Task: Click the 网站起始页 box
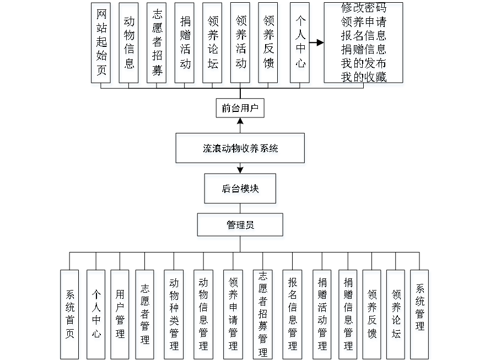pyautogui.click(x=103, y=45)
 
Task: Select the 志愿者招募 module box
pyautogui.click(x=158, y=45)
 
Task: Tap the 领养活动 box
pyautogui.click(x=241, y=45)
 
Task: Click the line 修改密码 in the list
pyautogui.click(x=364, y=9)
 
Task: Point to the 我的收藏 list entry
pyautogui.click(x=364, y=78)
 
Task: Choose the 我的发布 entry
pyautogui.click(x=364, y=64)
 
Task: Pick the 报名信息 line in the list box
pyautogui.click(x=364, y=37)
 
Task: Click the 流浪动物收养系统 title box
pyautogui.click(x=240, y=150)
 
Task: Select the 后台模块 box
pyautogui.click(x=241, y=191)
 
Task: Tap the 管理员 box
pyautogui.click(x=241, y=227)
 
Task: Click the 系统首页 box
pyautogui.click(x=71, y=314)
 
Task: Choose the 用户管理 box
pyautogui.click(x=121, y=314)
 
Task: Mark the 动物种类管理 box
pyautogui.click(x=175, y=314)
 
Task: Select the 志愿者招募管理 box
pyautogui.click(x=264, y=314)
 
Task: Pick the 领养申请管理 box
pyautogui.click(x=234, y=314)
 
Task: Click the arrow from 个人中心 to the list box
pyautogui.click(x=317, y=42)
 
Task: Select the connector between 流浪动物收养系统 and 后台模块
pyautogui.click(x=240, y=170)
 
